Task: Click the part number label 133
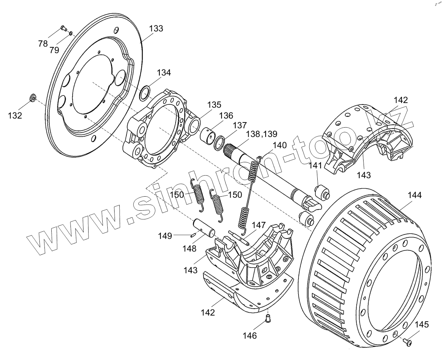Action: (x=156, y=29)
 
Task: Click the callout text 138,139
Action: (x=261, y=134)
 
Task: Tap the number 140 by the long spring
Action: (x=279, y=145)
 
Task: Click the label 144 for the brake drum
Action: (x=415, y=195)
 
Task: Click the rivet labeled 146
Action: (x=268, y=318)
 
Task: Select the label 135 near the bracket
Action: (x=214, y=105)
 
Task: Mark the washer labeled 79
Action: (x=71, y=34)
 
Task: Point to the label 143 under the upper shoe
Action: (x=364, y=175)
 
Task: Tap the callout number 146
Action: (x=249, y=335)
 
